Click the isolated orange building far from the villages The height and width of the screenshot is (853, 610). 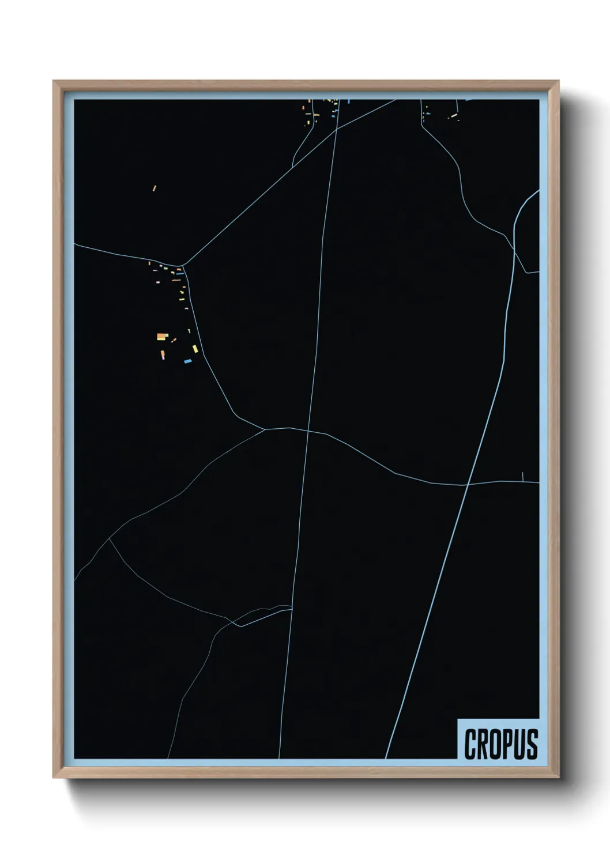click(x=155, y=188)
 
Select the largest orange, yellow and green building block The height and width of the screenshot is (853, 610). click(x=163, y=337)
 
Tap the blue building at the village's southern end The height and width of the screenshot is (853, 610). click(x=187, y=361)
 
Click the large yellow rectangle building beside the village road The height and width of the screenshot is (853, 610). click(x=195, y=348)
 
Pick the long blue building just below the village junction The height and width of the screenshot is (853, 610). click(x=180, y=274)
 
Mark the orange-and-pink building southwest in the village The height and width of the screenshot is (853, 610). click(x=163, y=354)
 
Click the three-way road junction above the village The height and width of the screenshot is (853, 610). click(x=182, y=266)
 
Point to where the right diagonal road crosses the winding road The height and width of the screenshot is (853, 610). click(x=466, y=485)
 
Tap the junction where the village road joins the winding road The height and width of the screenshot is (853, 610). click(x=265, y=429)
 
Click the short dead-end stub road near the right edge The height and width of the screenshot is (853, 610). click(x=523, y=476)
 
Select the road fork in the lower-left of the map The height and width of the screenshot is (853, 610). click(x=109, y=539)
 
